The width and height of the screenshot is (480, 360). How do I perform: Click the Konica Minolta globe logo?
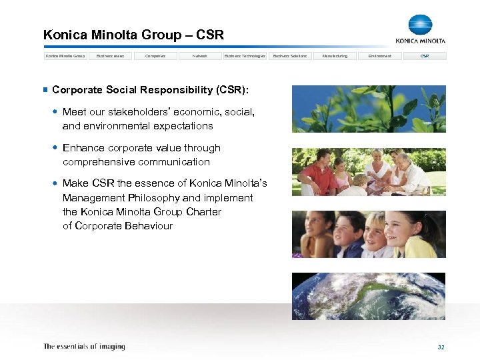point(420,25)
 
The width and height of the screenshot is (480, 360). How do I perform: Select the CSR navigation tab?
point(425,56)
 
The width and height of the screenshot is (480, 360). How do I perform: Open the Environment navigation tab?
point(380,56)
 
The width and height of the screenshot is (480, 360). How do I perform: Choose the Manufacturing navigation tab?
point(335,56)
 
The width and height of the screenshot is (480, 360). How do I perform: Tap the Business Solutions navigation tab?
point(290,56)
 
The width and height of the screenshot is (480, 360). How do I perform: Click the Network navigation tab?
point(199,56)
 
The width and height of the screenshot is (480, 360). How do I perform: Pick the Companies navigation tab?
point(155,56)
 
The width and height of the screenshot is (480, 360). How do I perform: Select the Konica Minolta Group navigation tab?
point(65,56)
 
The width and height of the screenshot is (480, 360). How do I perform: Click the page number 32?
point(441,347)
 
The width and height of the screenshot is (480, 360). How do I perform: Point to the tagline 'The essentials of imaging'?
point(84,347)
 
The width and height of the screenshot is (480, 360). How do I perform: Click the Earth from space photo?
point(369,296)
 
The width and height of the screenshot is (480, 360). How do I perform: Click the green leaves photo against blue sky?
point(369,109)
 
